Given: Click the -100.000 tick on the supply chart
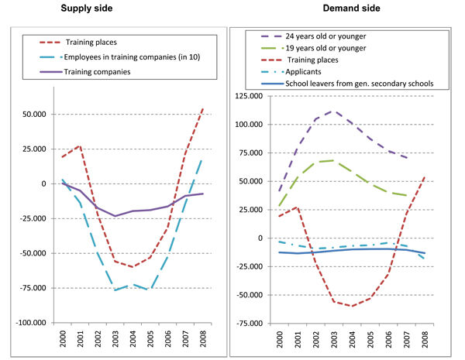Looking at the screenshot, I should [x=34, y=323].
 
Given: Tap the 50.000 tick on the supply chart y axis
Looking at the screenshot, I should [x=39, y=115].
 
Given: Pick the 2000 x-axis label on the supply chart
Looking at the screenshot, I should [x=62, y=338].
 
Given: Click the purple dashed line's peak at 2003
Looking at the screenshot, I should [x=334, y=111].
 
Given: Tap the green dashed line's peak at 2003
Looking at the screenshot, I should [x=334, y=160].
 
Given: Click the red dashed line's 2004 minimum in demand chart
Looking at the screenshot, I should [x=353, y=307].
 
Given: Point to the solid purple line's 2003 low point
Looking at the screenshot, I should [x=115, y=216].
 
